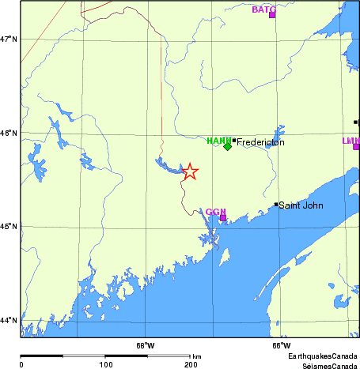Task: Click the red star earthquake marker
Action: click(190, 171)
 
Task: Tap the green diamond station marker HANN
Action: click(227, 146)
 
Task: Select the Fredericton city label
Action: click(260, 142)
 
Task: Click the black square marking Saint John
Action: click(276, 204)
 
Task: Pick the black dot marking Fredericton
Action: click(234, 141)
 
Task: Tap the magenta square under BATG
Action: click(272, 15)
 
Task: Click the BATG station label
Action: click(263, 9)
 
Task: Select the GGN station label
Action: click(216, 212)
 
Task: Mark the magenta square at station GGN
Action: click(223, 217)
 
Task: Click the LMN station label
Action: click(351, 141)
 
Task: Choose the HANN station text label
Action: click(218, 141)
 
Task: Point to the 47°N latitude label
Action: click(9, 39)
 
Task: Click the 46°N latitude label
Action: click(9, 133)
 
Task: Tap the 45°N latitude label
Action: click(9, 227)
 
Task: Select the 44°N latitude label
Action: click(9, 321)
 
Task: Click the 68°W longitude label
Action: click(145, 345)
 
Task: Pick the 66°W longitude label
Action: click(281, 345)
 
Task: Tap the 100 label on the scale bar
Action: click(105, 364)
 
